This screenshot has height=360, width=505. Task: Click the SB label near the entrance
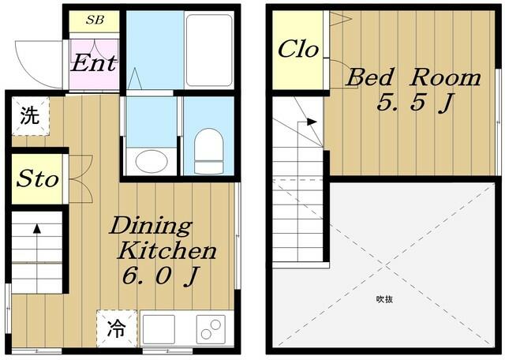click(x=95, y=20)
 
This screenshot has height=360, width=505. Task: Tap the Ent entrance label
click(x=93, y=63)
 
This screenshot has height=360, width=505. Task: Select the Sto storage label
click(x=38, y=178)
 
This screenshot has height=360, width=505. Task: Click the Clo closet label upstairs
click(x=298, y=49)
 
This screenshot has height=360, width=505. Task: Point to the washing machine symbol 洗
click(x=30, y=116)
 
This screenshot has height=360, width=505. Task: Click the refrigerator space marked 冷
click(x=117, y=328)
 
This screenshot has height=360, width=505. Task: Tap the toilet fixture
click(x=209, y=151)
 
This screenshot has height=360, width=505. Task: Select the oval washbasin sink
click(x=151, y=161)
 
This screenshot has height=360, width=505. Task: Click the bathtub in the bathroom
click(x=209, y=51)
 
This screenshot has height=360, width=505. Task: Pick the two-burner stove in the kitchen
click(x=211, y=329)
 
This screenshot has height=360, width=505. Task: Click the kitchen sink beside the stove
click(x=159, y=329)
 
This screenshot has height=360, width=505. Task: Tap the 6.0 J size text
click(x=160, y=276)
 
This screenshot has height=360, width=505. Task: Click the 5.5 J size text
click(x=415, y=102)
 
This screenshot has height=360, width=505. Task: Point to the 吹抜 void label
click(x=384, y=299)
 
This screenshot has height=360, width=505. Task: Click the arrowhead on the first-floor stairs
click(x=37, y=228)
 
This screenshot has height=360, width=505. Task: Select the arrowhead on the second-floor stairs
click(x=312, y=122)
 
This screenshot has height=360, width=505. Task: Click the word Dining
click(x=151, y=227)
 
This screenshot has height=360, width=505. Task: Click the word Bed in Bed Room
click(x=370, y=77)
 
